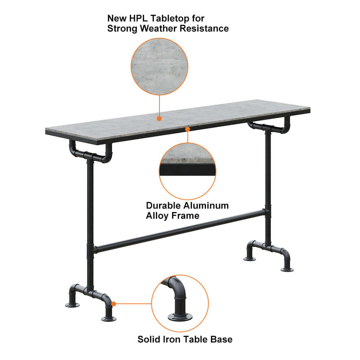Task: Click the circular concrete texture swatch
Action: [x=159, y=67]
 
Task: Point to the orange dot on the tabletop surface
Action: [x=159, y=118]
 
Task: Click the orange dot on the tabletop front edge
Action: [x=187, y=128]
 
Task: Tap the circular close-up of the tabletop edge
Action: [x=187, y=171]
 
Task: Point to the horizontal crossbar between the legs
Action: [x=180, y=230]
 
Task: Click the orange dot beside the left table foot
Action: [x=114, y=304]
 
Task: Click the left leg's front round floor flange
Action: [x=109, y=319]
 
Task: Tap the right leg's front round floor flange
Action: [x=287, y=269]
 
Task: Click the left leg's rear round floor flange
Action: [x=72, y=305]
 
